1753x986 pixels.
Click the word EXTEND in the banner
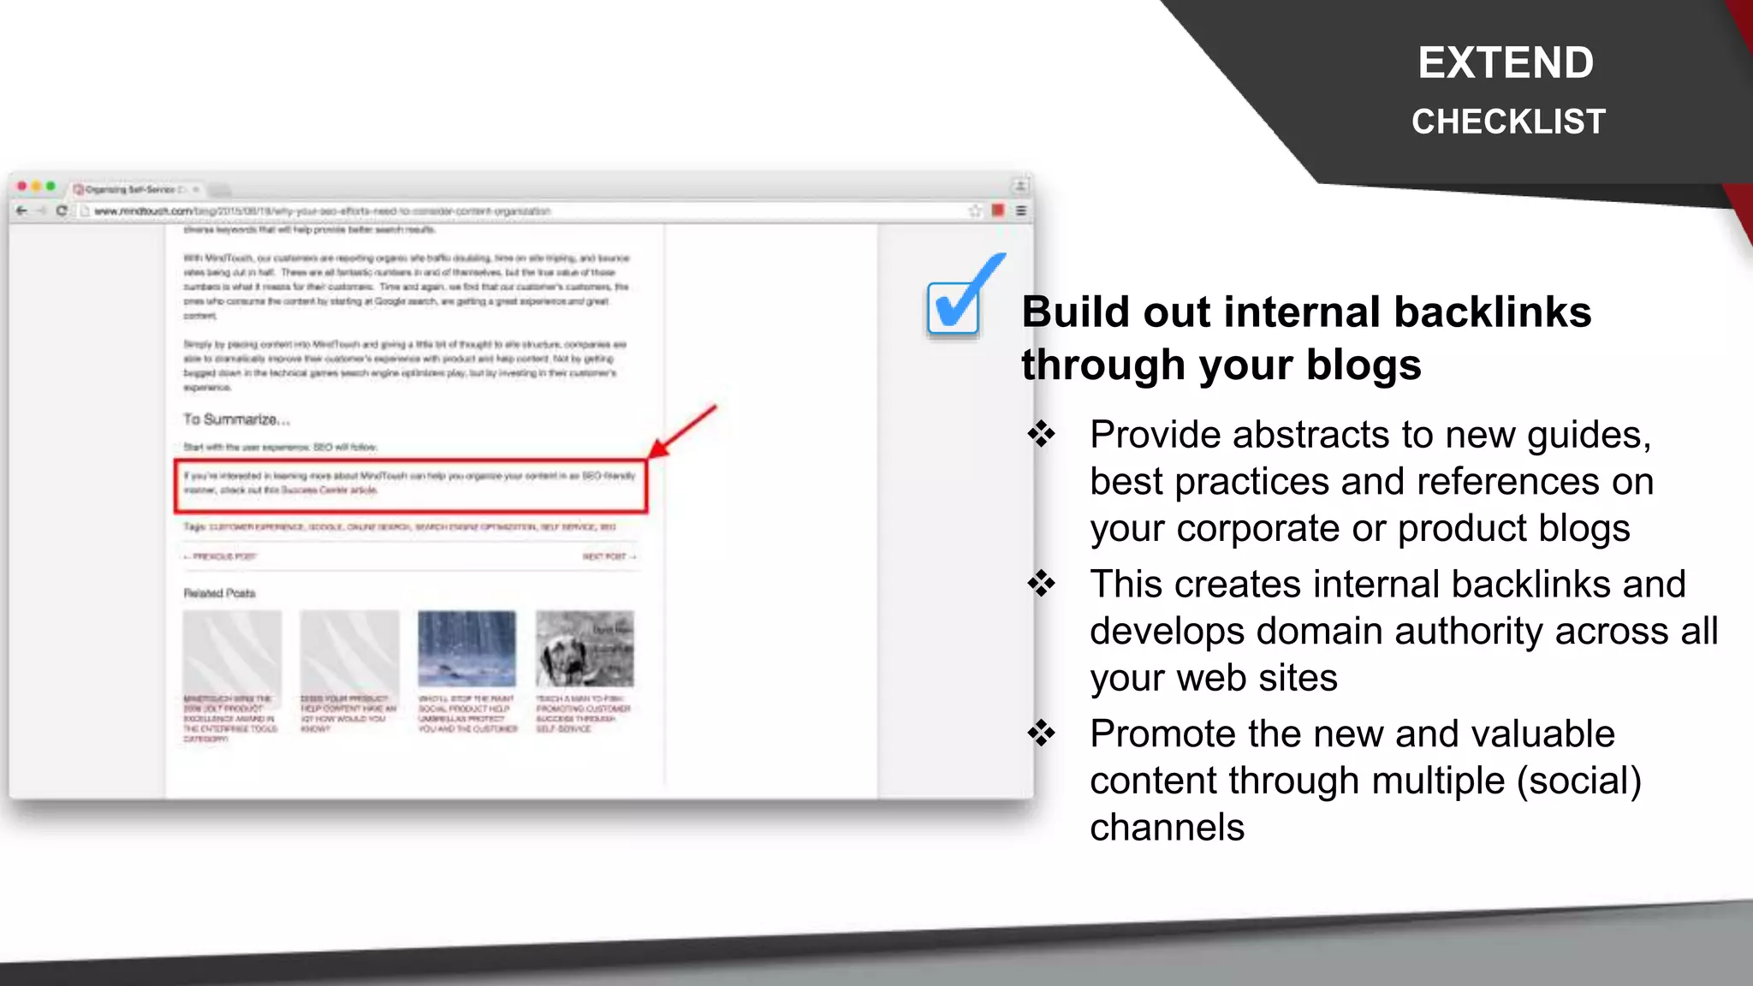click(1506, 62)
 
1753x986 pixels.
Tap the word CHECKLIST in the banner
click(1508, 122)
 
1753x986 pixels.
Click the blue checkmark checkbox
click(954, 306)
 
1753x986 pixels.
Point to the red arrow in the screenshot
click(682, 431)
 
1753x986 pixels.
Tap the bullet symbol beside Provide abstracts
click(1042, 434)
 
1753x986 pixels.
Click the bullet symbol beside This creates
click(1042, 584)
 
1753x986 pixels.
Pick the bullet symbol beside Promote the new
click(1042, 734)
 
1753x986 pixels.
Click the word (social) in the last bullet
click(1579, 781)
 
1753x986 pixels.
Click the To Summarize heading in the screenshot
click(236, 419)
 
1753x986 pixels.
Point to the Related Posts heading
click(219, 593)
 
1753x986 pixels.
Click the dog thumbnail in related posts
click(585, 648)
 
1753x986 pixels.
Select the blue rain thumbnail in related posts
click(466, 648)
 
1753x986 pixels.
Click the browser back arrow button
click(22, 211)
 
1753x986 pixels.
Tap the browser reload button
click(62, 211)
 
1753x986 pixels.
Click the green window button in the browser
click(51, 187)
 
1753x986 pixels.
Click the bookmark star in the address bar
click(974, 211)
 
